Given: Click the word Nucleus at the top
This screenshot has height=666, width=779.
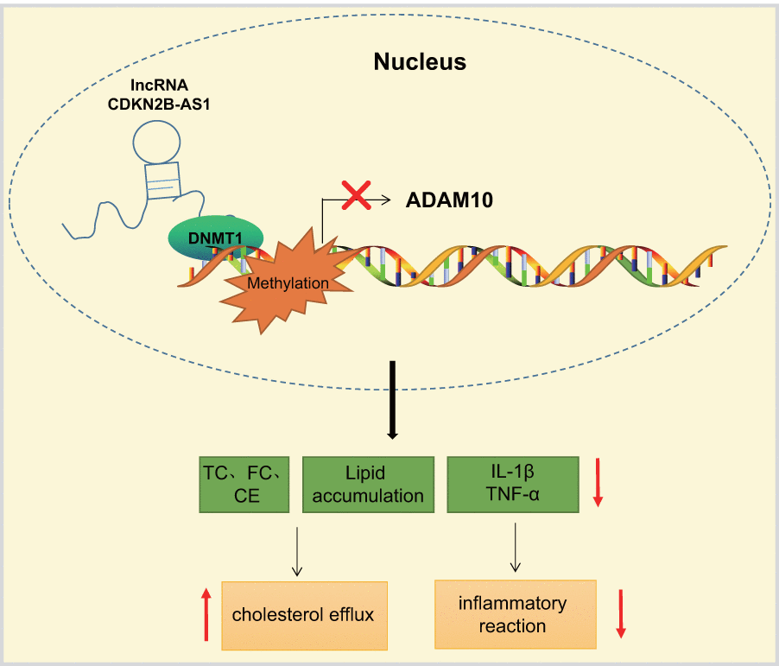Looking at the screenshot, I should (x=420, y=62).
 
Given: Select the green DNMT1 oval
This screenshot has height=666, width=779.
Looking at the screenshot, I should (x=205, y=236).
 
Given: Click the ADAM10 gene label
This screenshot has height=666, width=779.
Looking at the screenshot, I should (x=449, y=200).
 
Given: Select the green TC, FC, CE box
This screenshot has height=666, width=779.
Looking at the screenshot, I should (x=244, y=485).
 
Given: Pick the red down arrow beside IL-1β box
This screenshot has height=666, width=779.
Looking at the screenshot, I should (x=599, y=485).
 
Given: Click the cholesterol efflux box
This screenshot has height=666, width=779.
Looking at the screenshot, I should (x=303, y=615).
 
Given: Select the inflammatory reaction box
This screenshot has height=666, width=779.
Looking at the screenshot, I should (x=513, y=614).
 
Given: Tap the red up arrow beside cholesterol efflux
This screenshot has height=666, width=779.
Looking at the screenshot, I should (x=206, y=614).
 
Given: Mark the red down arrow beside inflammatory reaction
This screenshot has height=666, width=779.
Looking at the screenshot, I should (x=621, y=614).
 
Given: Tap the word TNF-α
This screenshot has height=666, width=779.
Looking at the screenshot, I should (x=512, y=495).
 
